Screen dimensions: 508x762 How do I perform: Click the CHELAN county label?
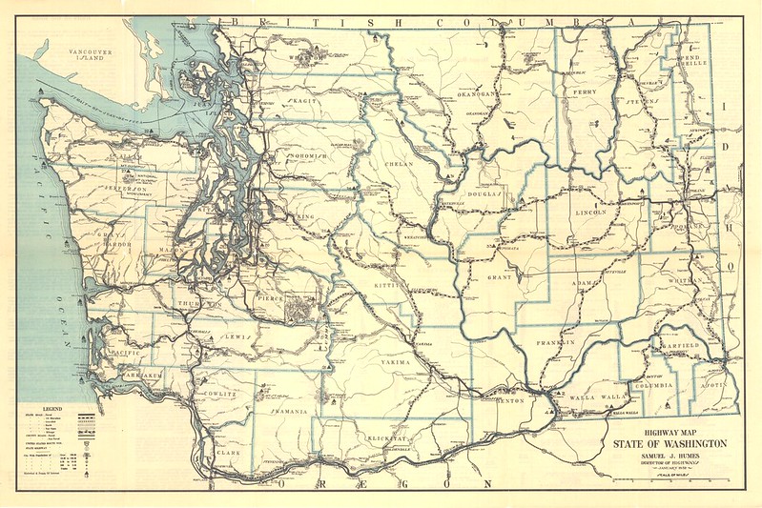pyautogui.click(x=400, y=164)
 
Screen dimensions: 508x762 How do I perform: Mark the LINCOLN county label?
pyautogui.click(x=598, y=213)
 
